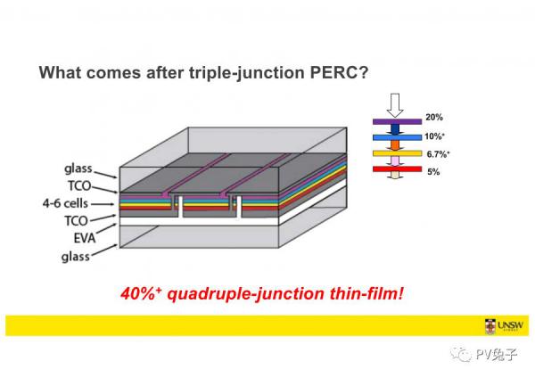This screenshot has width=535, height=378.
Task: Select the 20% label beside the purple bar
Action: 434,118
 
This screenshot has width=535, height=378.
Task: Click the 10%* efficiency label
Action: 435,136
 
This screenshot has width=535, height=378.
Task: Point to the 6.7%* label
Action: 438,154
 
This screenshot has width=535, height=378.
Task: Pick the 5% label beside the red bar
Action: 433,171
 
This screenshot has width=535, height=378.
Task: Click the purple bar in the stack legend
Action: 397,121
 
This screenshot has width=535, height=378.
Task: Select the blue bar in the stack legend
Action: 397,137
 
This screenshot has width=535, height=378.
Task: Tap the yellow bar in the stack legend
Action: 397,153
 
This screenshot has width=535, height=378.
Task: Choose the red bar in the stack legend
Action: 397,168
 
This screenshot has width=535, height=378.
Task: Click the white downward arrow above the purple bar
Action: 395,105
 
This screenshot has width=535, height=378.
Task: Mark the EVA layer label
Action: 85,238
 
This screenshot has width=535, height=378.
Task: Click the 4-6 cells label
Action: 65,203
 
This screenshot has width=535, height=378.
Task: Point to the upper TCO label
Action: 79,186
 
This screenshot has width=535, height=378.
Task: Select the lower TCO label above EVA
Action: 77,221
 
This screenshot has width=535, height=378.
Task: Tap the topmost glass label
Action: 78,168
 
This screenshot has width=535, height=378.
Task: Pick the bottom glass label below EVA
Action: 76,256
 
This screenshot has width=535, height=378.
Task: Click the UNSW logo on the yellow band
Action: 504,325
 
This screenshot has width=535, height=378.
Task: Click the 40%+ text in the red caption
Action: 141,293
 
